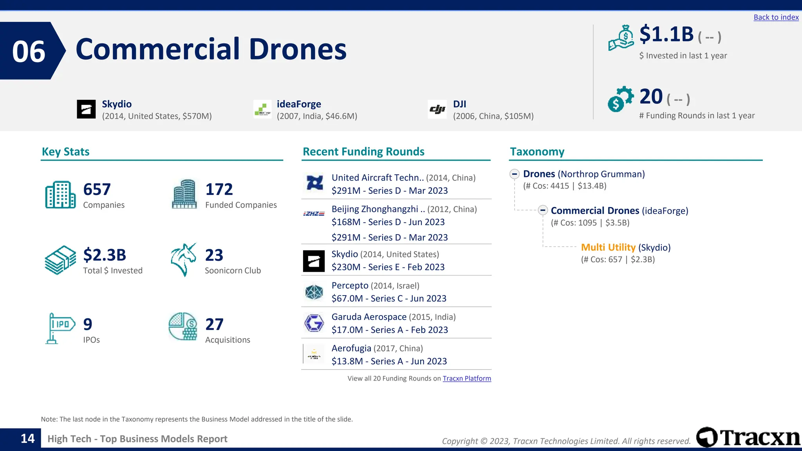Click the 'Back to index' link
[776, 17]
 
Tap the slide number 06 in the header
[29, 51]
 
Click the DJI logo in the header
[437, 109]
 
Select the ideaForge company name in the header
[299, 104]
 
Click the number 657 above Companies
[97, 189]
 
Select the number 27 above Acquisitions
[214, 324]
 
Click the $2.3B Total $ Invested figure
[105, 255]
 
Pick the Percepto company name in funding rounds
[350, 285]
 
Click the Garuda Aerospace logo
[314, 323]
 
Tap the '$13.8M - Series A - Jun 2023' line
[389, 361]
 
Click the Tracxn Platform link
[466, 378]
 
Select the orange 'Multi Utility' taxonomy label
[608, 247]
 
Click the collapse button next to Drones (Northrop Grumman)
[515, 174]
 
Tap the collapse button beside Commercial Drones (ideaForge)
[542, 210]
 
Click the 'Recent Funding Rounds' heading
[363, 152]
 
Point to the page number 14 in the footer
[27, 438]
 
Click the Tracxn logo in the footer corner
[748, 437]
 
